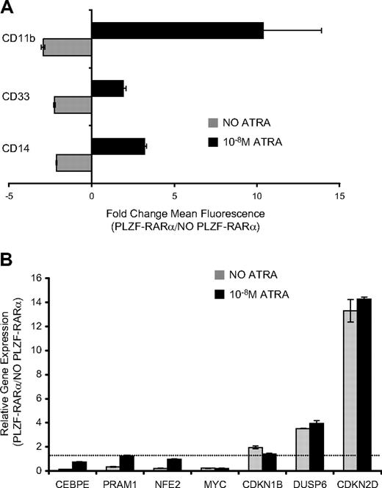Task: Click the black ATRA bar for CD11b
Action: click(x=177, y=30)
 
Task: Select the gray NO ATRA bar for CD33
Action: click(x=73, y=107)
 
